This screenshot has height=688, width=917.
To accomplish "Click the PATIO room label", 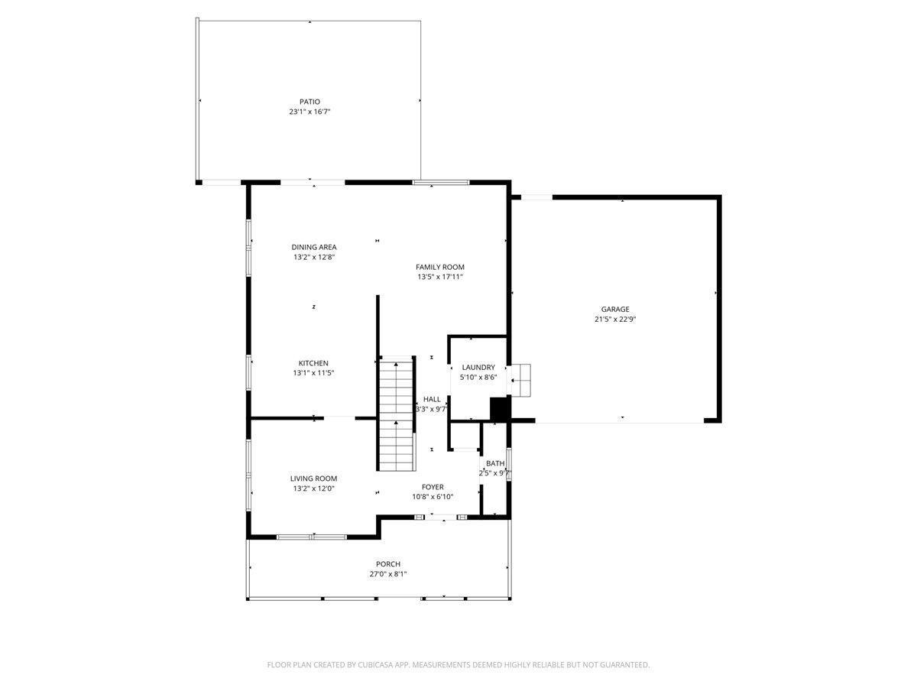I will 309,102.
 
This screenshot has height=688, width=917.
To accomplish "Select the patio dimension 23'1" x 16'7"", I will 309,112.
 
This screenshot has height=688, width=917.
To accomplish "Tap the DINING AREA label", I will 313,247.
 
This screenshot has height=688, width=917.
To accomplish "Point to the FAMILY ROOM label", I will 439,267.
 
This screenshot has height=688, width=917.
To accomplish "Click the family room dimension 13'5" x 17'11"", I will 439,277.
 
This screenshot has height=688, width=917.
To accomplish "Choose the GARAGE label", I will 615,310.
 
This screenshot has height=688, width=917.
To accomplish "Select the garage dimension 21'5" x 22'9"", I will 615,320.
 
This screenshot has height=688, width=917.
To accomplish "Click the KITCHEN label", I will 313,363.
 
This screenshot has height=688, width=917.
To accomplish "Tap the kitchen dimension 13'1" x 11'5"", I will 313,373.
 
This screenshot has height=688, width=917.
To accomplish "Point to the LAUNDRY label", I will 478,368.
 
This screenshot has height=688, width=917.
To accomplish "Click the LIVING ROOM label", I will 313,479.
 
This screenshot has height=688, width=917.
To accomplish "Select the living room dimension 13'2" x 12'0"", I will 313,488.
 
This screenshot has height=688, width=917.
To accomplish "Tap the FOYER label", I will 433,487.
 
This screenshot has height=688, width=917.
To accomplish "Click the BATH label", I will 495,463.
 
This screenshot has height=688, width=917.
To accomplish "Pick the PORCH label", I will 388,564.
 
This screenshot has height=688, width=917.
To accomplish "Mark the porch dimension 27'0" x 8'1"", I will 388,574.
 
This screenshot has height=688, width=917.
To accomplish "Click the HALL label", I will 432,399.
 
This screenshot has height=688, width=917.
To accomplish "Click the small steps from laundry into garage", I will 521,379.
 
